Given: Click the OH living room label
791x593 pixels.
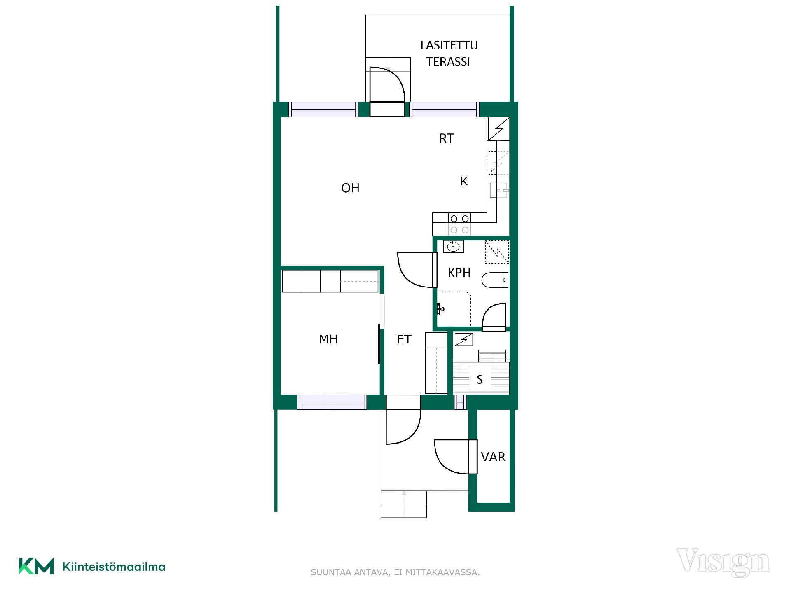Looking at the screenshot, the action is click(x=350, y=188).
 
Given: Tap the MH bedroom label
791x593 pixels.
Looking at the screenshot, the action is click(x=328, y=339).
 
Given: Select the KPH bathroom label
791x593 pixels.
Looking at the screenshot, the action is click(x=459, y=273).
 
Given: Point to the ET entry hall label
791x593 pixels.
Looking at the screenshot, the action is click(x=404, y=339).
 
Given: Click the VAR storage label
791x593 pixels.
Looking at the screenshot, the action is click(x=493, y=457).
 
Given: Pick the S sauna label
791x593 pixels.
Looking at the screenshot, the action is click(x=480, y=380).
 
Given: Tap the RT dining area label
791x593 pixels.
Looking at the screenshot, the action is click(x=446, y=139).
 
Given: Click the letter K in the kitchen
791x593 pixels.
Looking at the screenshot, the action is click(x=464, y=181).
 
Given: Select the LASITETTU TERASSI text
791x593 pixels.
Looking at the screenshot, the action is click(x=449, y=54).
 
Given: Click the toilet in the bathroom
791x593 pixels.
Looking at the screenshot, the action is click(x=495, y=280).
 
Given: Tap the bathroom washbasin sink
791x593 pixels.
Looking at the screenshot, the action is click(x=454, y=247).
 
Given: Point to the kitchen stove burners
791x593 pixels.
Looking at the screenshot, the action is click(x=459, y=224).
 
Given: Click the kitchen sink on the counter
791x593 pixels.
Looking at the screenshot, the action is click(x=498, y=190).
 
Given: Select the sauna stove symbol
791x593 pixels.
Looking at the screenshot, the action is click(x=492, y=356).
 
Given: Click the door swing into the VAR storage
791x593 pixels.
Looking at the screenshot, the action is click(x=451, y=457).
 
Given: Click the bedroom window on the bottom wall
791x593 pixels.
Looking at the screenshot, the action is click(x=332, y=402).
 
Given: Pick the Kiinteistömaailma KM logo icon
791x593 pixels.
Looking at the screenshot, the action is click(x=36, y=566).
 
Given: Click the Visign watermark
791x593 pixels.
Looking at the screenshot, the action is click(x=723, y=562).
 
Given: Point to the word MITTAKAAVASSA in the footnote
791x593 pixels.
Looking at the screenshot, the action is click(x=442, y=572).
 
